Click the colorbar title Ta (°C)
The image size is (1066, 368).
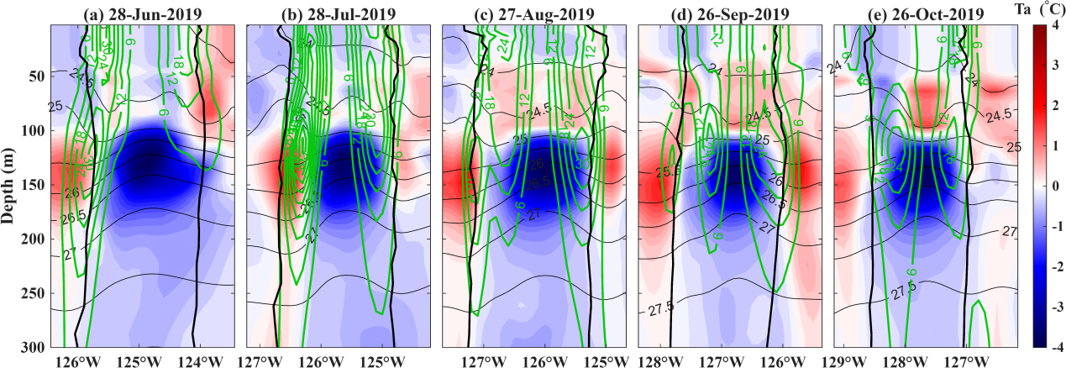pos(1042,9)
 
